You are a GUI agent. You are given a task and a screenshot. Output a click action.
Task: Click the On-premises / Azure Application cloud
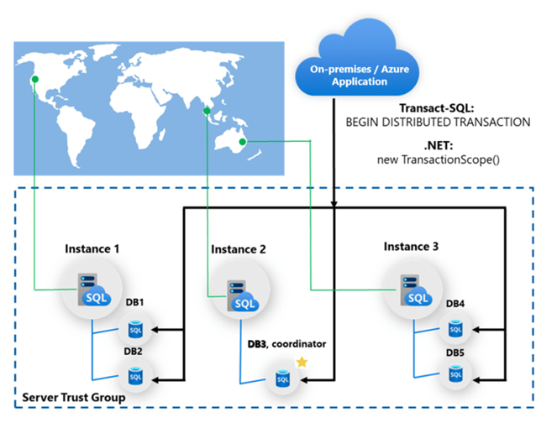click(352, 62)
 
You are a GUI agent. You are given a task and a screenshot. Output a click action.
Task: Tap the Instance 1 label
click(93, 249)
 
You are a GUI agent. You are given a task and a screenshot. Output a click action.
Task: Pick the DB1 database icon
click(134, 328)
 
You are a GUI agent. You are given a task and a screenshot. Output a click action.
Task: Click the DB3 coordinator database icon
click(281, 381)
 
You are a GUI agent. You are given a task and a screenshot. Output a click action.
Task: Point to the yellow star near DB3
click(302, 362)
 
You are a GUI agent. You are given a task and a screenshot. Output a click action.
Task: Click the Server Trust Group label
click(75, 396)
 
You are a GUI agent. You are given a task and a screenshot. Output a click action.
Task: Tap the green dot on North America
click(34, 80)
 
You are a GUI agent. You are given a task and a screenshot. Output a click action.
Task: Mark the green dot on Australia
click(243, 143)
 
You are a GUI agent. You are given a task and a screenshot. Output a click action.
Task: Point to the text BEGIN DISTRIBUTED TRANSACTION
click(438, 123)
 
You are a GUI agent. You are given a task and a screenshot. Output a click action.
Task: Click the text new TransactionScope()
click(438, 160)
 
